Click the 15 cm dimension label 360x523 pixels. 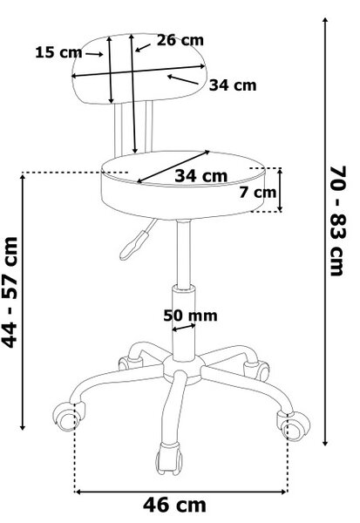(58, 52)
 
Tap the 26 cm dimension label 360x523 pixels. (180, 40)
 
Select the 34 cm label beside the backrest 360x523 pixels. (233, 85)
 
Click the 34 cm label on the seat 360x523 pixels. (200, 176)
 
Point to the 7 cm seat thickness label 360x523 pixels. (257, 193)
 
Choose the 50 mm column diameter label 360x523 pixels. (190, 316)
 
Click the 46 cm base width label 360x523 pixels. (174, 505)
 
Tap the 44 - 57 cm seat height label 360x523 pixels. (10, 293)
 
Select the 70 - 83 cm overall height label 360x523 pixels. (337, 221)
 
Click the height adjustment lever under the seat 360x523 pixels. (137, 241)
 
